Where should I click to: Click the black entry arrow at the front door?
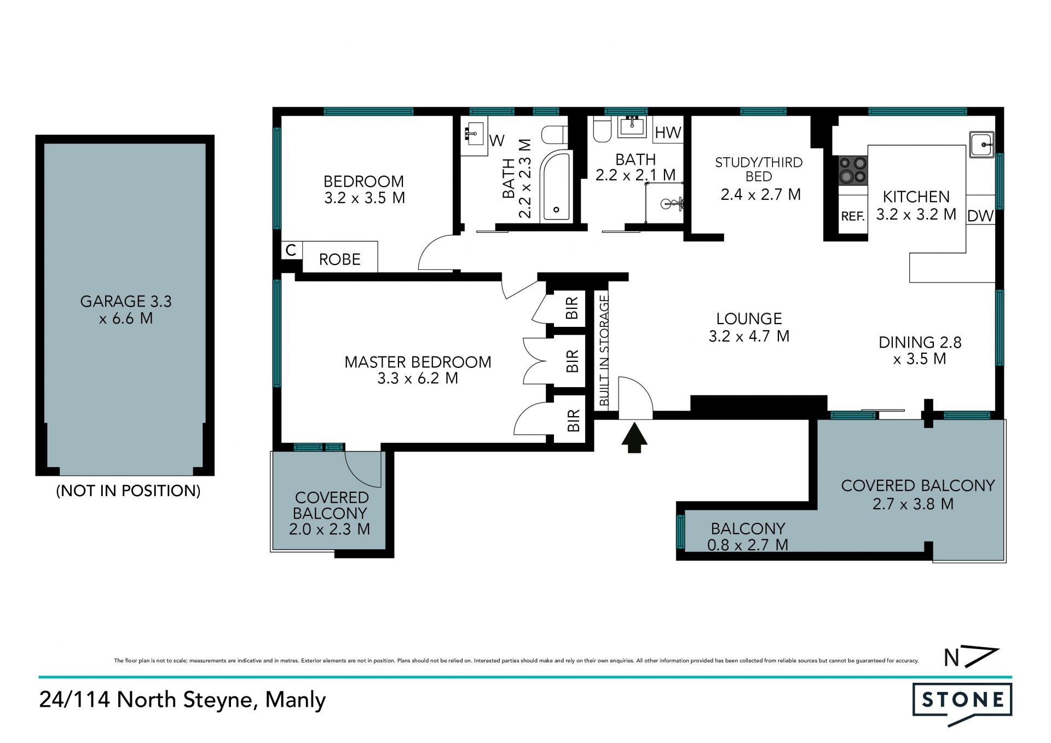tap(634, 437)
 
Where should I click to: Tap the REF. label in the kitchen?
tap(852, 216)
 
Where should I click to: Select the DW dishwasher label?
tap(980, 216)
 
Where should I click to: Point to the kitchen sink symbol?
tap(982, 145)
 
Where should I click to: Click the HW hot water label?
tap(668, 133)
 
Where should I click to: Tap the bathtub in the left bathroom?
tap(556, 186)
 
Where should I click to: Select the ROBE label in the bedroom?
tap(339, 259)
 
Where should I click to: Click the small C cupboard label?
tap(291, 250)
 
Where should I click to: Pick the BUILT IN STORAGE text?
tap(604, 350)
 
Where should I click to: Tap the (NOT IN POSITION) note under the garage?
tap(128, 491)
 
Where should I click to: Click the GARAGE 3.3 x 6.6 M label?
tap(126, 309)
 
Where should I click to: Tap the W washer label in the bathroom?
tap(497, 141)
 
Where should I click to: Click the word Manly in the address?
tap(296, 700)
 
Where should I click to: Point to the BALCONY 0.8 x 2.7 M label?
tap(748, 537)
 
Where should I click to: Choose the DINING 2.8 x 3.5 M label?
tap(920, 350)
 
